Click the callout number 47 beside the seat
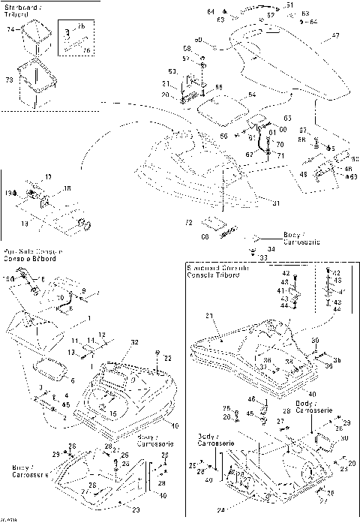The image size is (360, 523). click(334, 35)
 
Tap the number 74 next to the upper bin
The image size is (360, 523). click(11, 29)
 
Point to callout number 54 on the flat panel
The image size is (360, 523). click(252, 95)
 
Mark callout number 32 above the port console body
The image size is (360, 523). click(135, 341)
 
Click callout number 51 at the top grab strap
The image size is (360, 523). click(289, 5)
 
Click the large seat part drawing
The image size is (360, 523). click(292, 68)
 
